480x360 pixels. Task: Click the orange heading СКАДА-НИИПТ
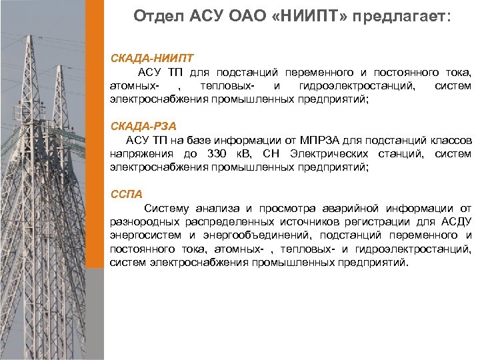click(144, 59)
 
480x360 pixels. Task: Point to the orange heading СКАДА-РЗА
click(139, 126)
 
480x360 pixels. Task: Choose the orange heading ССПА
click(127, 194)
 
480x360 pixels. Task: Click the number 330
click(218, 155)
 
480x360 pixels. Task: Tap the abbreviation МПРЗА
click(315, 141)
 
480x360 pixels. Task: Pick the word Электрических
click(325, 155)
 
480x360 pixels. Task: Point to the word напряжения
click(139, 155)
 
